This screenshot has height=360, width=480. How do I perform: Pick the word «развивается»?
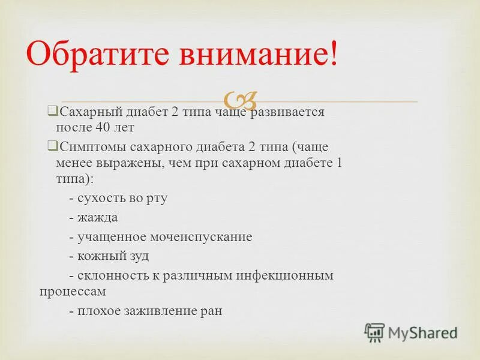coord(290,112)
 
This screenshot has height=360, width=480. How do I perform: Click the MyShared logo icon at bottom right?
coord(375,332)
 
